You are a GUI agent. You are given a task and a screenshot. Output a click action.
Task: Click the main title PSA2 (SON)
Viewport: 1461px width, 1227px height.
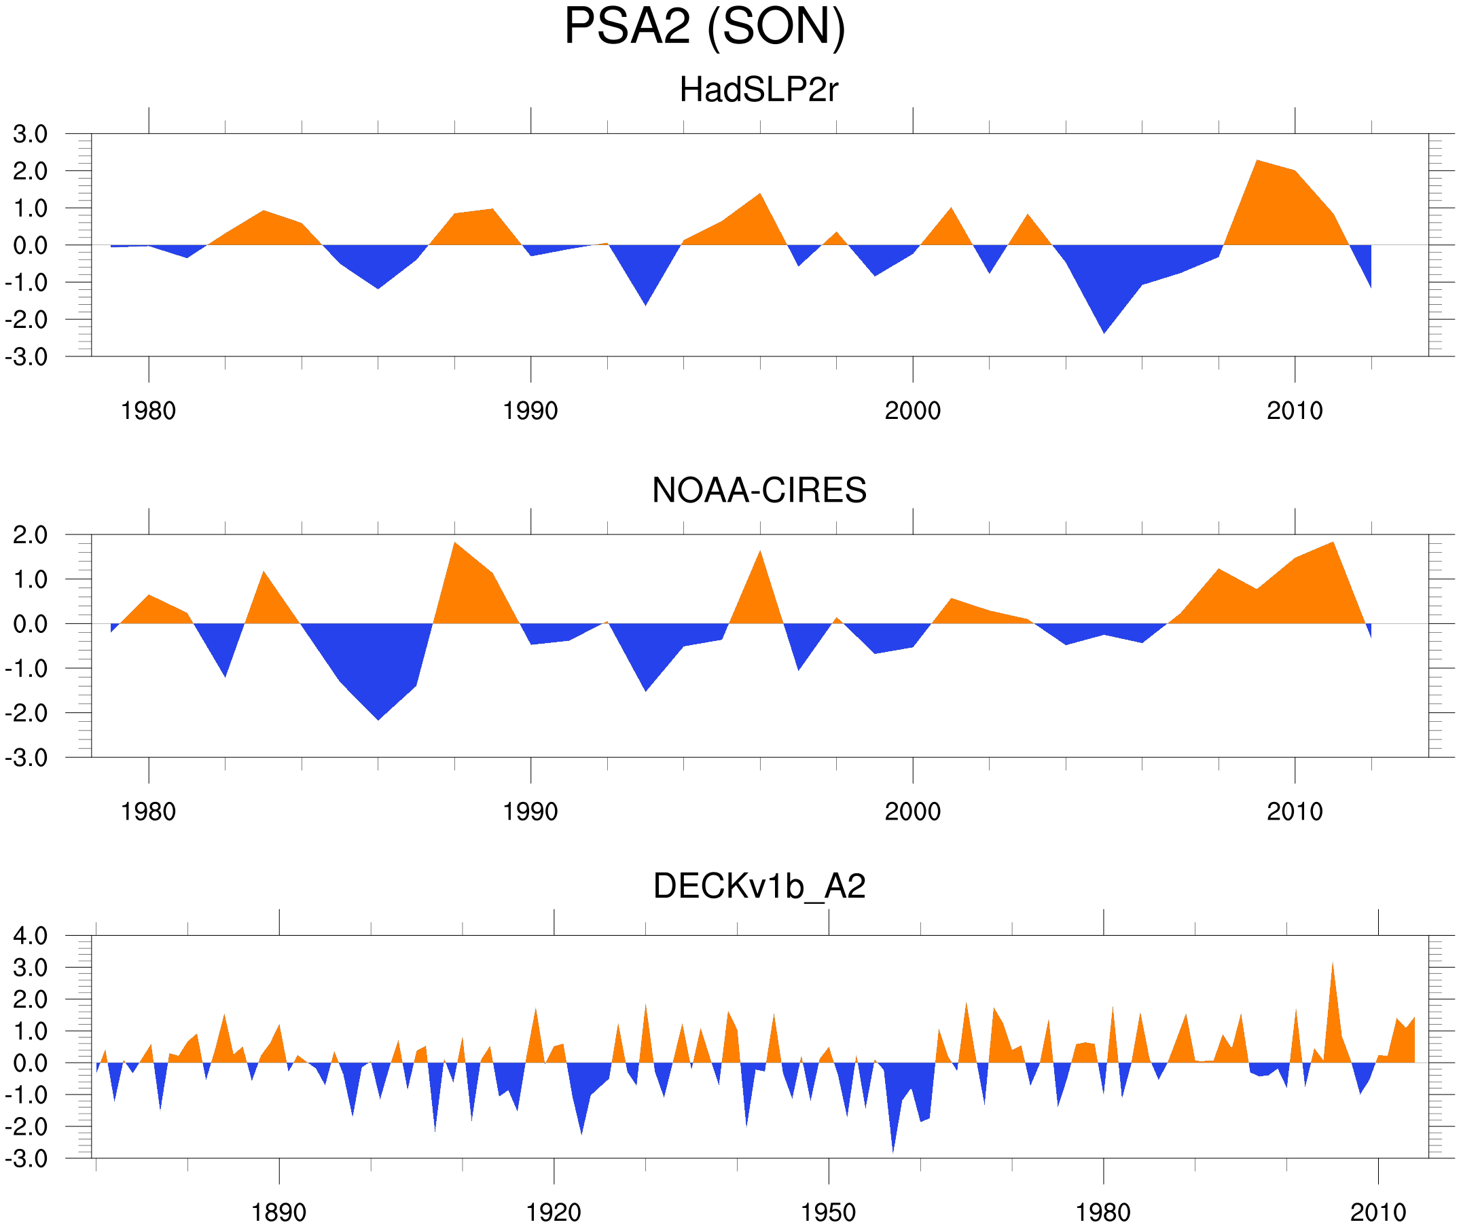click(x=704, y=26)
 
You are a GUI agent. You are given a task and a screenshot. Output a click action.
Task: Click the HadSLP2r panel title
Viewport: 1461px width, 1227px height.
click(x=758, y=90)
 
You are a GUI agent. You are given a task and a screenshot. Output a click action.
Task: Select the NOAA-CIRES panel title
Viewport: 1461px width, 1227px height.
click(x=759, y=490)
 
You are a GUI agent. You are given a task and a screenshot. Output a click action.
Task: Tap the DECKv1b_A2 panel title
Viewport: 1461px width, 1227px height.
click(x=759, y=886)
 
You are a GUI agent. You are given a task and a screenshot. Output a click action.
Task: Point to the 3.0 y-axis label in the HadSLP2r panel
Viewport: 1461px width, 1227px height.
click(x=30, y=134)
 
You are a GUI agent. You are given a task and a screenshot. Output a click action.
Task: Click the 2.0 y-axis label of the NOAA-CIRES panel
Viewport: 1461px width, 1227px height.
click(x=30, y=535)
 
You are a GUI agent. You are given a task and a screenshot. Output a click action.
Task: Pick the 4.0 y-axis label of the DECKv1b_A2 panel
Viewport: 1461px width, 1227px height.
click(x=30, y=936)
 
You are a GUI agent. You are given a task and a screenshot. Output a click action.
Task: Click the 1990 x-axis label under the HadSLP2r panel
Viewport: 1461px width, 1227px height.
click(x=530, y=411)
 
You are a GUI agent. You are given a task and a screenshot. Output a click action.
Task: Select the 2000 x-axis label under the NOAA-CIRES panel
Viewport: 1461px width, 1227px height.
click(x=912, y=811)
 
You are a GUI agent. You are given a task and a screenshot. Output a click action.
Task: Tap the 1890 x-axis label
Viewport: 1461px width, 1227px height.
click(x=278, y=1212)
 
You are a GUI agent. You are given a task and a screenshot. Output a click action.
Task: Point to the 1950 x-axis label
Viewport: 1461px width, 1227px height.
click(x=828, y=1212)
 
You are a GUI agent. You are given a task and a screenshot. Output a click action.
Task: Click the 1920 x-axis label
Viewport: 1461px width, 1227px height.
click(x=553, y=1212)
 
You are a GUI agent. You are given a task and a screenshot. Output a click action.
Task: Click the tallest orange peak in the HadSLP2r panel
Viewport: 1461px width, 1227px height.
click(x=1257, y=163)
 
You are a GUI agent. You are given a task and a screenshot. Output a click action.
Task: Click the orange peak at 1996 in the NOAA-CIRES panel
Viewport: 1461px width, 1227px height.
click(x=760, y=553)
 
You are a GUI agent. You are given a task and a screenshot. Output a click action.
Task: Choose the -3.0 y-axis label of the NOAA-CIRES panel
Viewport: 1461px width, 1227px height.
click(x=26, y=758)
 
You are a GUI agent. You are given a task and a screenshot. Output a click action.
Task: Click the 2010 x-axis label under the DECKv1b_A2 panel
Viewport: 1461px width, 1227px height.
click(x=1377, y=1212)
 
